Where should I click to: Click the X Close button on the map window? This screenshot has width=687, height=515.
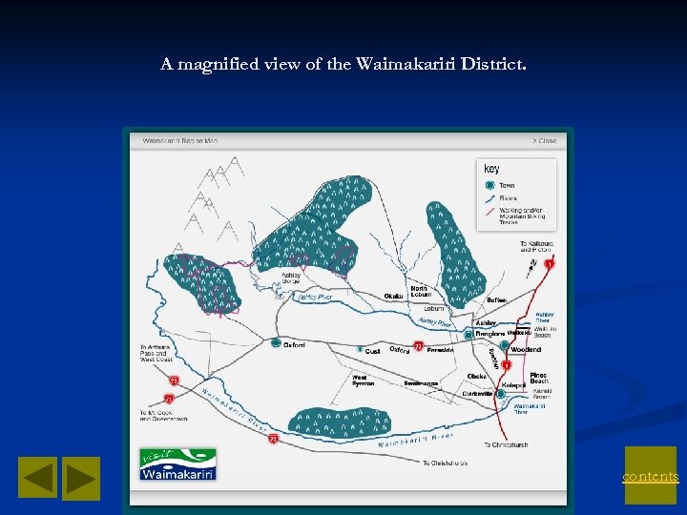[x=544, y=141]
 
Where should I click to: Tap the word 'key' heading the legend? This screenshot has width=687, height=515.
[x=491, y=169]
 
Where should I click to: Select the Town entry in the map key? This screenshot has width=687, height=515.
[x=506, y=185]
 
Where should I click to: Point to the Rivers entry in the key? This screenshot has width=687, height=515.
[x=508, y=198]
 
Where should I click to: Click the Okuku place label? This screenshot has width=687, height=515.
[x=393, y=297]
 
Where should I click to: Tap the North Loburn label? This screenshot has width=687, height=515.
[x=420, y=292]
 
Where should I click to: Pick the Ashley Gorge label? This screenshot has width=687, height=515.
[x=291, y=278]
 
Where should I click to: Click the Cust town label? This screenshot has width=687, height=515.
[x=372, y=351]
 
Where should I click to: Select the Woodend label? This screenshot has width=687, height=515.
[x=526, y=350]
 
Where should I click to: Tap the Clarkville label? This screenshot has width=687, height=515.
[x=477, y=393]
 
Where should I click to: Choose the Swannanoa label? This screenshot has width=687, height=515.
[x=421, y=383]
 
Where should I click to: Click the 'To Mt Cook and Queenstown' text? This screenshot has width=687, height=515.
[x=163, y=416]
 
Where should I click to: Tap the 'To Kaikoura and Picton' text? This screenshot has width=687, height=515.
[x=536, y=247]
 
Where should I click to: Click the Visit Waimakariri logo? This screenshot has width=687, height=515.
[x=177, y=463]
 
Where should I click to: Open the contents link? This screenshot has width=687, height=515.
[x=651, y=477]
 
